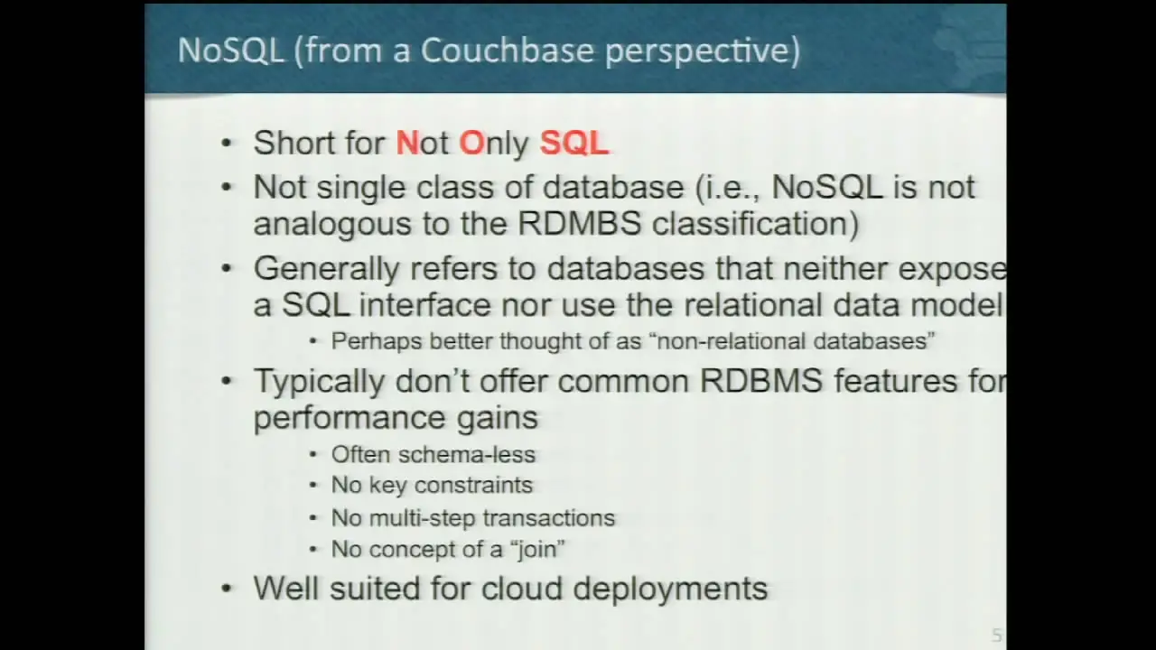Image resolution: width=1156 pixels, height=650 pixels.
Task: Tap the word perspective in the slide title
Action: pyautogui.click(x=698, y=52)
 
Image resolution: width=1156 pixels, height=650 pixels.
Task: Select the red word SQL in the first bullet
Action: pyautogui.click(x=574, y=143)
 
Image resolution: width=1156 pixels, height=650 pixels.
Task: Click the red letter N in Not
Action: pyautogui.click(x=407, y=143)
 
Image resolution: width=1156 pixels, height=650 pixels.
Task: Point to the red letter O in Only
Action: pyautogui.click(x=471, y=143)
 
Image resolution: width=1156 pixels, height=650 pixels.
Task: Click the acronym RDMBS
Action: pyautogui.click(x=580, y=223)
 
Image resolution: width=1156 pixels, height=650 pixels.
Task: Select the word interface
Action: pyautogui.click(x=424, y=304)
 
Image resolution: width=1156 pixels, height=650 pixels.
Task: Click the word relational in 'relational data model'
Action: pyautogui.click(x=753, y=304)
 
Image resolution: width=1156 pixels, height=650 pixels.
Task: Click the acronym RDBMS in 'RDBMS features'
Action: pyautogui.click(x=760, y=381)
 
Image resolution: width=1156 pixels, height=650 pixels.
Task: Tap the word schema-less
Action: pyautogui.click(x=467, y=454)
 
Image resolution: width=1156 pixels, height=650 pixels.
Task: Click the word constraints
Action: pyautogui.click(x=473, y=486)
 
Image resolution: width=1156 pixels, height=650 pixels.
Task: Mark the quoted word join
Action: pyautogui.click(x=537, y=550)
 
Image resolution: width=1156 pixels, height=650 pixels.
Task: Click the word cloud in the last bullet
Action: pyautogui.click(x=521, y=588)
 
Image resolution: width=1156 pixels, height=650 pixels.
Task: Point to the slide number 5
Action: pyautogui.click(x=996, y=635)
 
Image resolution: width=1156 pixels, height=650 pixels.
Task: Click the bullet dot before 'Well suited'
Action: pyautogui.click(x=226, y=588)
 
